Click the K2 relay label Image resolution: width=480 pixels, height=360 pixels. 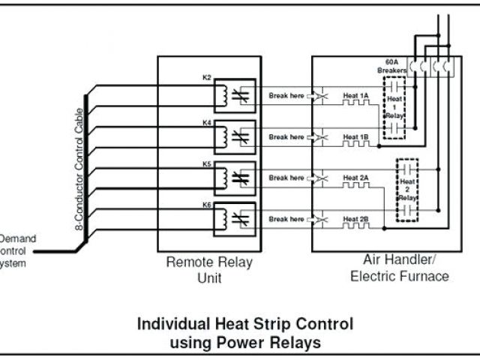tap(208, 76)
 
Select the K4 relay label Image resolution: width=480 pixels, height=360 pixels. tap(208, 118)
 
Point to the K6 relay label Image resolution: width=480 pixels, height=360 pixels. tap(208, 203)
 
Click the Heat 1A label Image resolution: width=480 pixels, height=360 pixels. tap(355, 95)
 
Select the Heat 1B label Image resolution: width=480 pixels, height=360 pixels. tap(355, 137)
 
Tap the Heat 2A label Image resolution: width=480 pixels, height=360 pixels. tap(355, 178)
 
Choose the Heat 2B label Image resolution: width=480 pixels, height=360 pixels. tap(355, 219)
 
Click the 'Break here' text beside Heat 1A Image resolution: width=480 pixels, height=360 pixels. tap(286, 95)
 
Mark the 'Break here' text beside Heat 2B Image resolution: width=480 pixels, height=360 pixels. tap(286, 219)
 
